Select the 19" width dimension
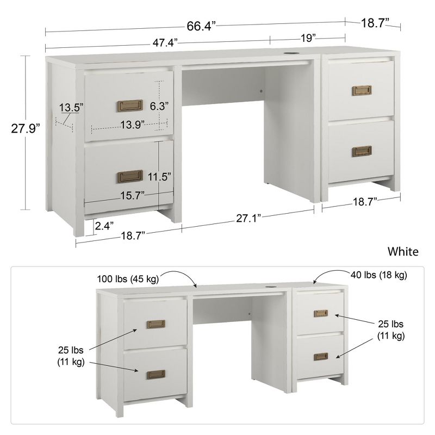(307, 38)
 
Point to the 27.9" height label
(26, 128)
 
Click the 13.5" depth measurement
(71, 108)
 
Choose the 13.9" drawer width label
(132, 125)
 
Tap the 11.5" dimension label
(160, 176)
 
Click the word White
(403, 251)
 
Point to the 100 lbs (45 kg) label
(128, 279)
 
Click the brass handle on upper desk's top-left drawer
(129, 105)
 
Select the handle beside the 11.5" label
(129, 176)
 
